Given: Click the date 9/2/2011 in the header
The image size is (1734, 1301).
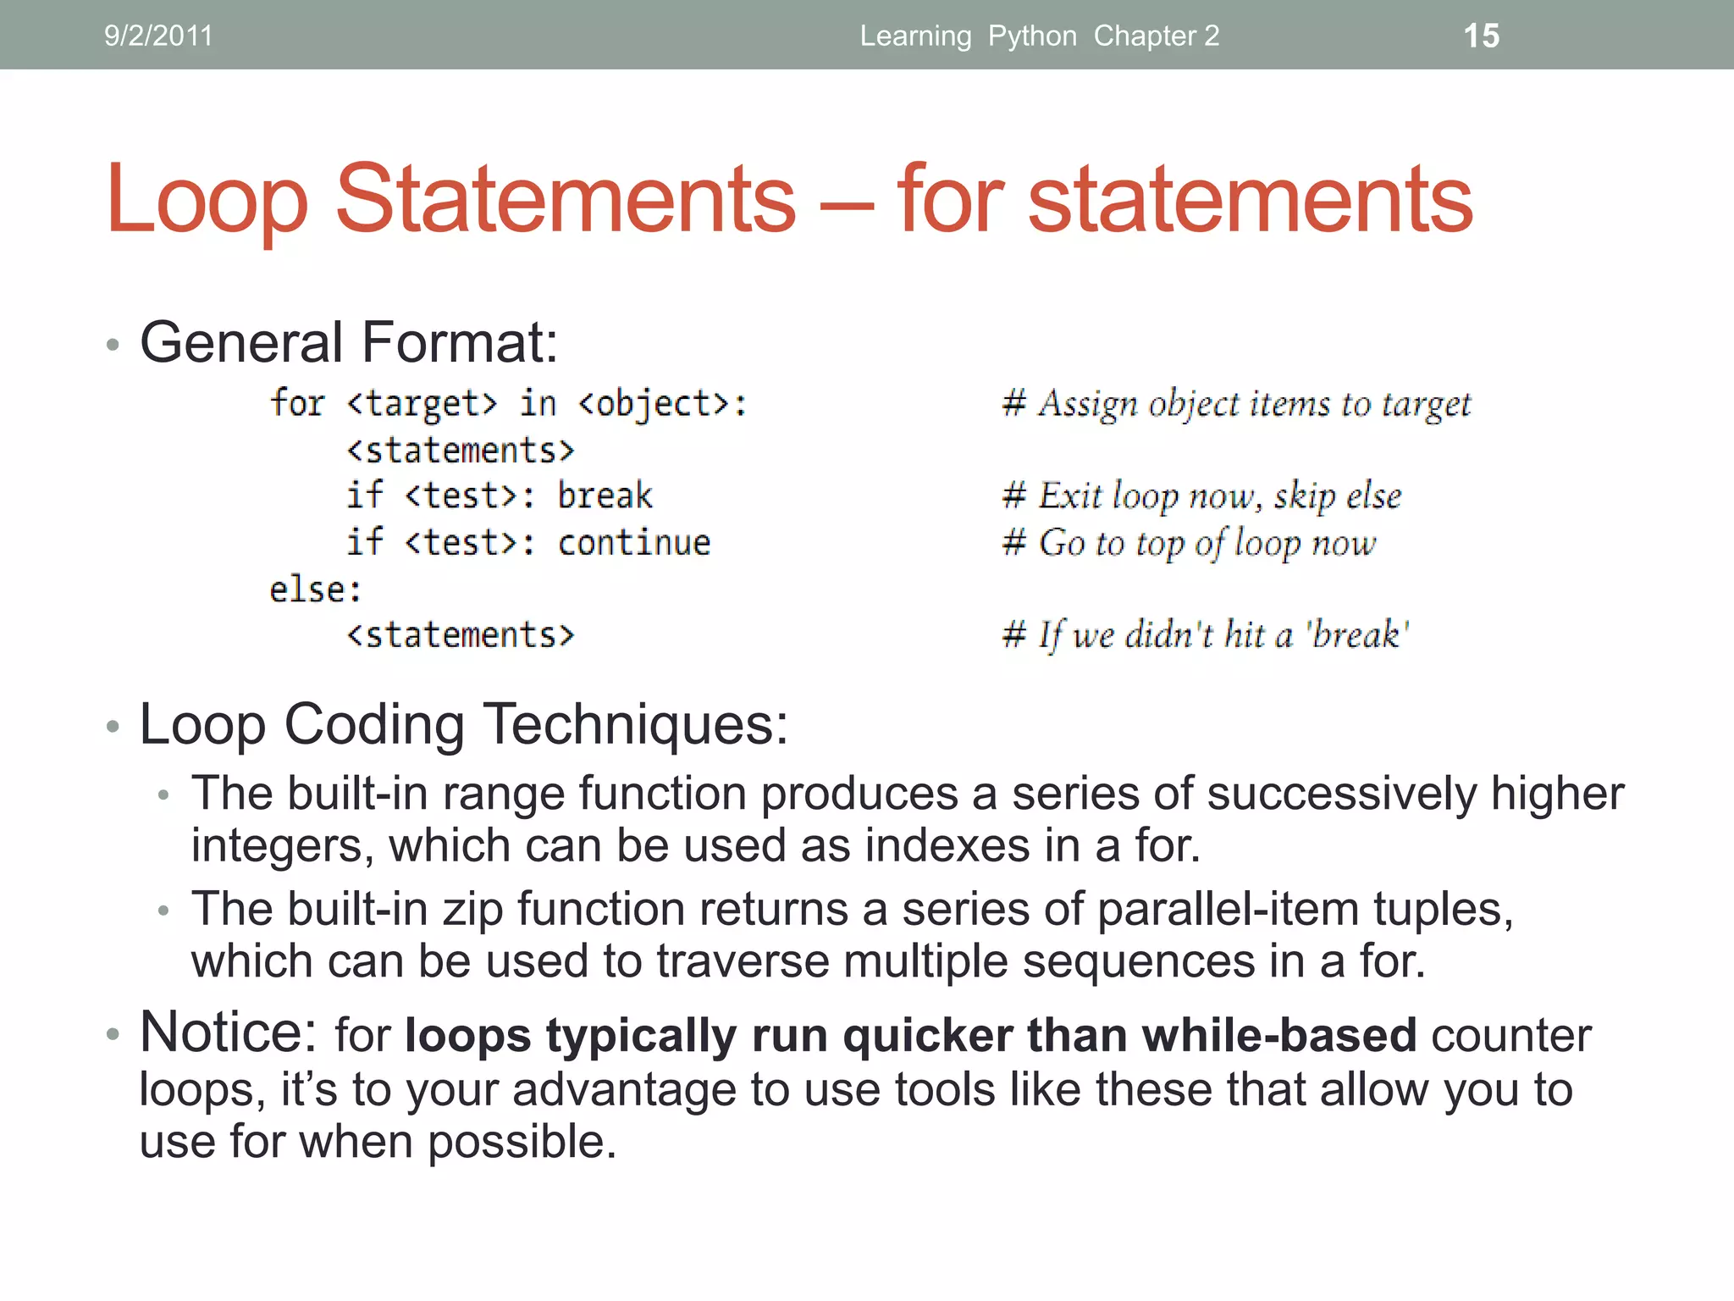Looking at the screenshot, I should pyautogui.click(x=158, y=36).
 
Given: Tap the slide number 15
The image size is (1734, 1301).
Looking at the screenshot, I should pyautogui.click(x=1481, y=36).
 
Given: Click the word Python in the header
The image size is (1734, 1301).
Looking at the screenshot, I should pyautogui.click(x=1032, y=36).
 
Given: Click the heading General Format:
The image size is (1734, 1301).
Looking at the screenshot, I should pyautogui.click(x=349, y=342).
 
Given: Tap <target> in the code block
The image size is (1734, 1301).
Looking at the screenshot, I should pyautogui.click(x=422, y=404).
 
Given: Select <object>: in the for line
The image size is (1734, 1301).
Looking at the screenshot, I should pyautogui.click(x=662, y=404).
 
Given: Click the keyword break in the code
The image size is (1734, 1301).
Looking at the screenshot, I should pyautogui.click(x=605, y=495).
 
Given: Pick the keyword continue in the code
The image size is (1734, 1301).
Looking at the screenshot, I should pyautogui.click(x=634, y=542).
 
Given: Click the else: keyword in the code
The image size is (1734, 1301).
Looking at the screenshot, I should pyautogui.click(x=315, y=590).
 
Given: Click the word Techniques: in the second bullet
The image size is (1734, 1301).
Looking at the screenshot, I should pyautogui.click(x=635, y=725).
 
